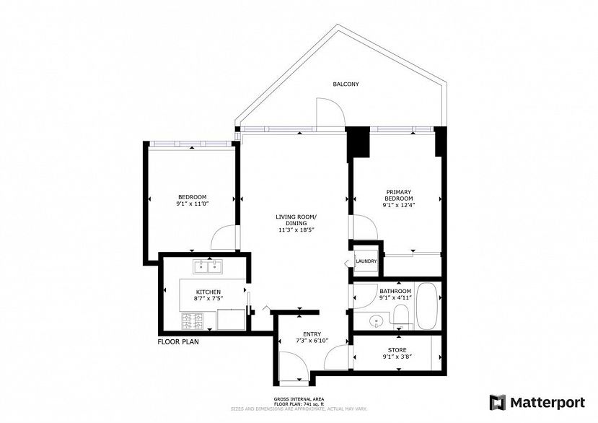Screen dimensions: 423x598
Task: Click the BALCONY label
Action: [x=346, y=84]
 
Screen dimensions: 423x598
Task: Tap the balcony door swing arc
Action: [x=328, y=113]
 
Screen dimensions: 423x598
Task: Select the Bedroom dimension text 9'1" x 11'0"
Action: [x=192, y=204]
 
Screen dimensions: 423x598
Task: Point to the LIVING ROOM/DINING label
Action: [x=296, y=220]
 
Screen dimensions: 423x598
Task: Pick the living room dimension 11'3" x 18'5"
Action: [x=296, y=230]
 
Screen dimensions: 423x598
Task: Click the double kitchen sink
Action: [x=207, y=267]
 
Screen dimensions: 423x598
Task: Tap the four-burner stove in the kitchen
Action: [x=191, y=318]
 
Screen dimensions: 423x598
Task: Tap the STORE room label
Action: [x=397, y=350]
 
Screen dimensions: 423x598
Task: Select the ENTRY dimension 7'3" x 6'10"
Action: [x=312, y=340]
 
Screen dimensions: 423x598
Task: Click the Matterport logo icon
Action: [x=498, y=401]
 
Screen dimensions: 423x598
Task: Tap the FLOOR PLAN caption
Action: [x=178, y=342]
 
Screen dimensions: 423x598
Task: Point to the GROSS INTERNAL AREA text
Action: [x=298, y=398]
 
